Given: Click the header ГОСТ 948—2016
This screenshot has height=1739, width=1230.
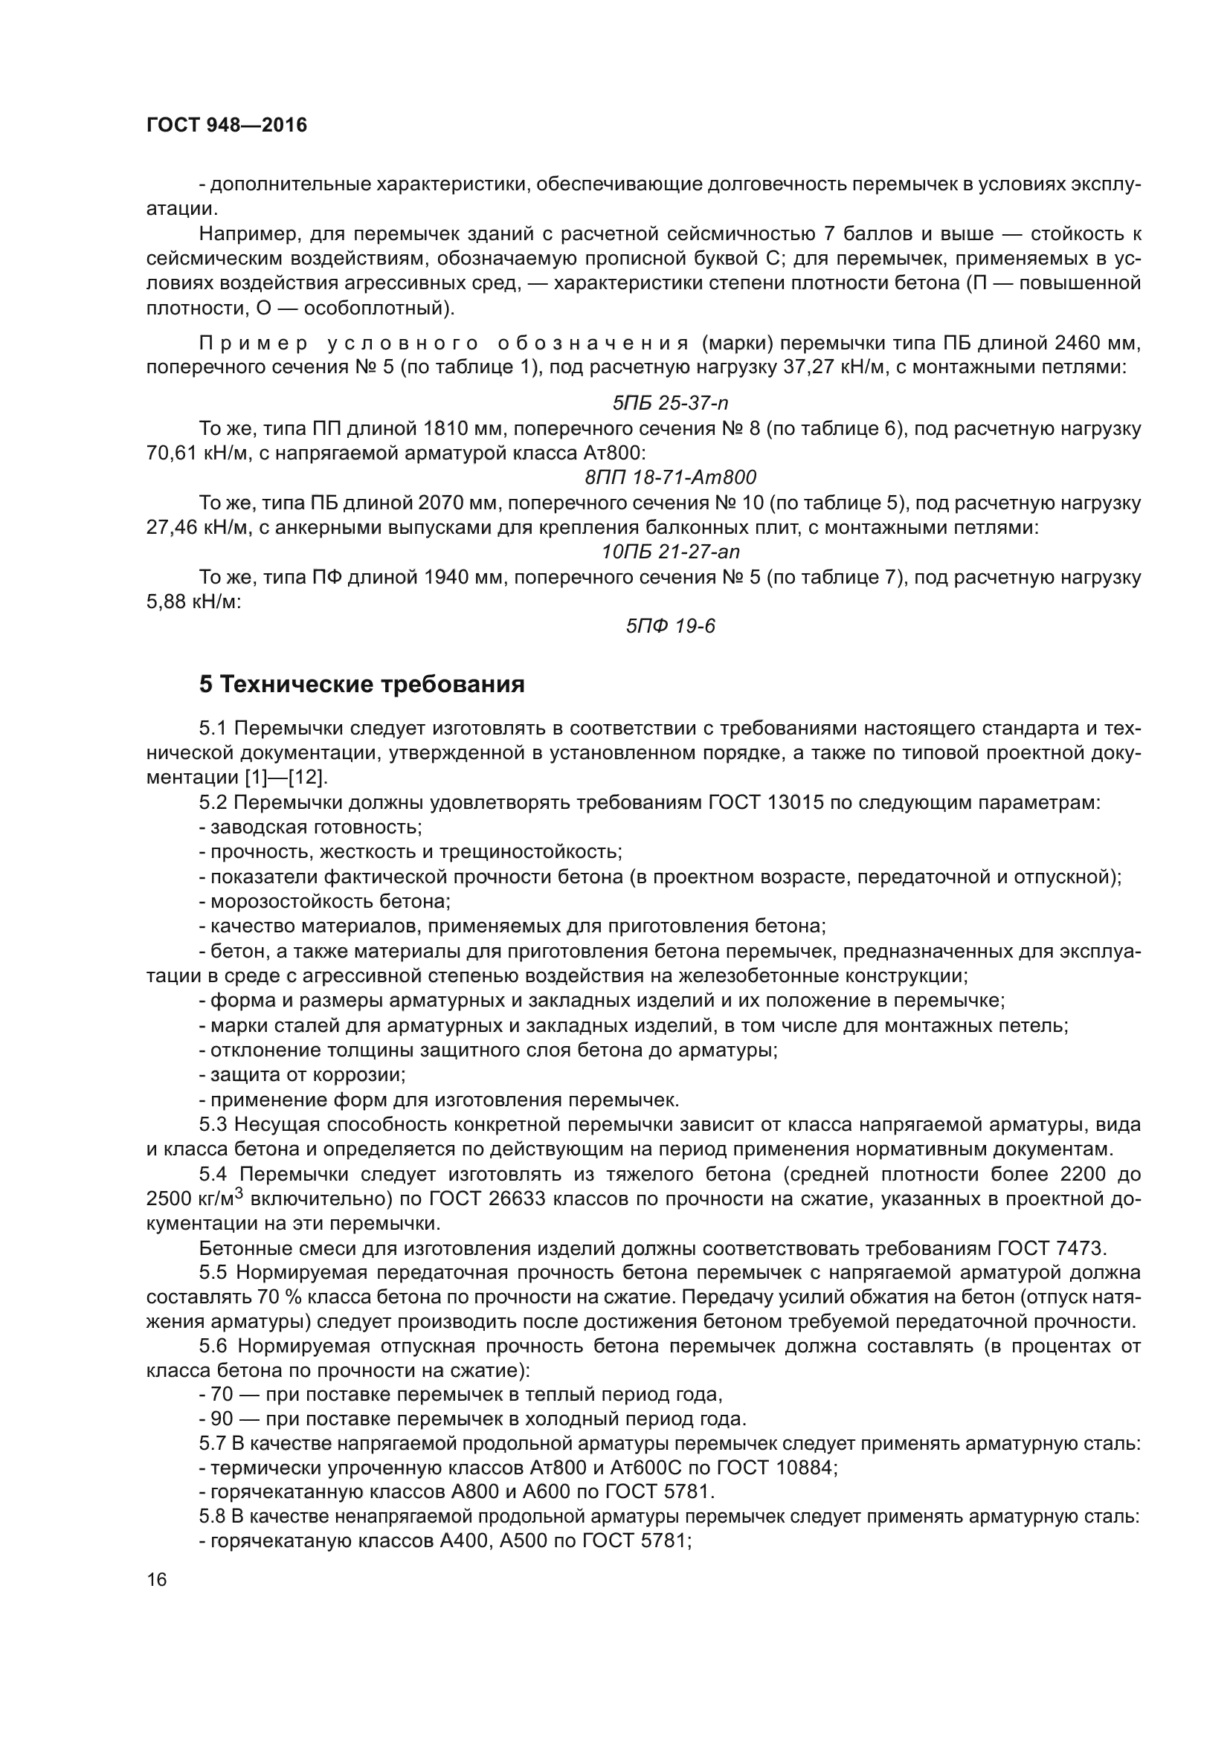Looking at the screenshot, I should point(227,125).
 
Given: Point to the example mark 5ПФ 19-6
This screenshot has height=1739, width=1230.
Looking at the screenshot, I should point(670,625).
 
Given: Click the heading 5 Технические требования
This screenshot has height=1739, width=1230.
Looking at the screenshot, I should point(362,685).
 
